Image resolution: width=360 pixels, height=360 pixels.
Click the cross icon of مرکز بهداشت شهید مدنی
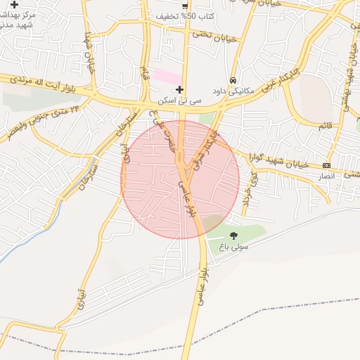click(x=14, y=5)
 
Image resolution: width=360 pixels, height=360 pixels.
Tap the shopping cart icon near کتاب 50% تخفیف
click(x=185, y=6)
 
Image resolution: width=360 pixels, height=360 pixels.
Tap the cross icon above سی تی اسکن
click(x=180, y=89)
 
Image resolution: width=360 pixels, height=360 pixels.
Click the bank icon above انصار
click(x=326, y=165)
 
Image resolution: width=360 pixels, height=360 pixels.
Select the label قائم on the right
click(x=324, y=124)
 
